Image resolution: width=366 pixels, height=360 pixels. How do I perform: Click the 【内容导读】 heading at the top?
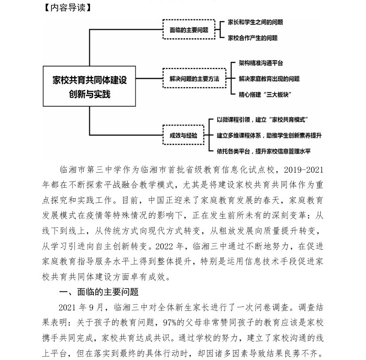(x=66, y=8)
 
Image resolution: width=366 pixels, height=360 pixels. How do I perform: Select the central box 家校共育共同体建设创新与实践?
(x=90, y=87)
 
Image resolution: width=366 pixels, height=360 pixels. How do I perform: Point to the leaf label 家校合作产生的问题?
(x=253, y=38)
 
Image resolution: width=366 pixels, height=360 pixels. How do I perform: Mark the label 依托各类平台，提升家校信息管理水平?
(x=264, y=151)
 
